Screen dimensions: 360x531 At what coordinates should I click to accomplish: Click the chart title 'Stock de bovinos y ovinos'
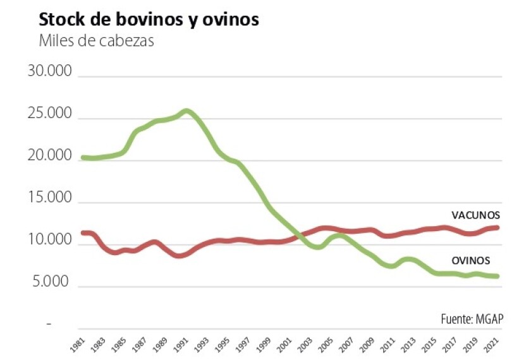[x=149, y=19]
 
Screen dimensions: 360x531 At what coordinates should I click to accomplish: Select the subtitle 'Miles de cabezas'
[x=96, y=42]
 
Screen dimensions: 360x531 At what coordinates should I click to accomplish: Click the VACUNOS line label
[x=475, y=215]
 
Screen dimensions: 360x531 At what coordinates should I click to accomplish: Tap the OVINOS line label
[x=471, y=260]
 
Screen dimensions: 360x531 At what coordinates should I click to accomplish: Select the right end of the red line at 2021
[x=497, y=227]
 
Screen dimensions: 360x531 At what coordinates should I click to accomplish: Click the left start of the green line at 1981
[x=83, y=157]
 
